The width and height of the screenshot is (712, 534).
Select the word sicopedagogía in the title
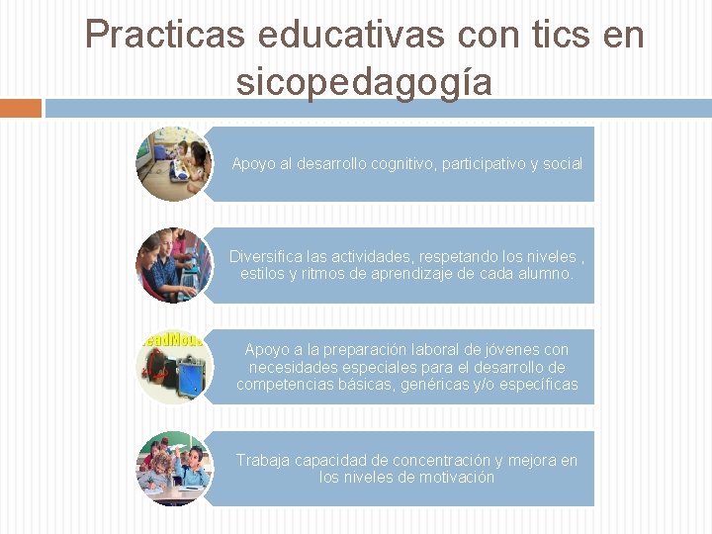coord(364,81)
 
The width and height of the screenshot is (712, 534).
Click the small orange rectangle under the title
coord(20,108)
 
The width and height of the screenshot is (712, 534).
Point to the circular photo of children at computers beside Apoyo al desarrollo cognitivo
coord(173,163)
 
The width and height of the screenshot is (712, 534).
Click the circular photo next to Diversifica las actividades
coord(173,264)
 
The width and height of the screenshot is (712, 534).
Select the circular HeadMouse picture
coord(173,366)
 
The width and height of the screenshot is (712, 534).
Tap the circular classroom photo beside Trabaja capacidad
coord(173,468)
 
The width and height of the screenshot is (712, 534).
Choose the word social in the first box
coord(562,164)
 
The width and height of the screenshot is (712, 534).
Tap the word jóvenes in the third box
coord(510,350)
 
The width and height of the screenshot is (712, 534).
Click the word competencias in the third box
coord(282,385)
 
